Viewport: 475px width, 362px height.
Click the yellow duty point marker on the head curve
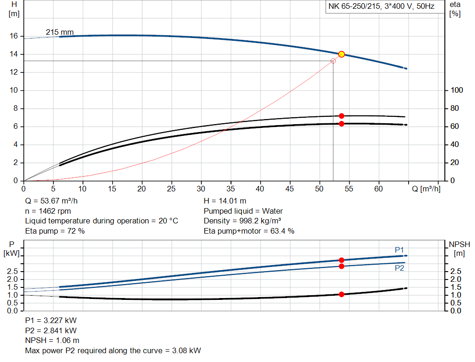pos(341,54)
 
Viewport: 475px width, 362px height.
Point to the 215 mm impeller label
pos(59,32)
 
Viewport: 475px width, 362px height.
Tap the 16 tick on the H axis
pos(14,36)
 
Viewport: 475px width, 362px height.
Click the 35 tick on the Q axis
pos(231,189)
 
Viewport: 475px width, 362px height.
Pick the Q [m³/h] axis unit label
pos(426,189)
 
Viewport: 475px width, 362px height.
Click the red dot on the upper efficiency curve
pos(341,116)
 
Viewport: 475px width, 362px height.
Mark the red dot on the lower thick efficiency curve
pos(341,124)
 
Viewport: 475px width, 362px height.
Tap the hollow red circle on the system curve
pos(333,61)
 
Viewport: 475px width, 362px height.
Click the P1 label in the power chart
pos(399,250)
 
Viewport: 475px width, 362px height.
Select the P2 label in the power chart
pos(399,268)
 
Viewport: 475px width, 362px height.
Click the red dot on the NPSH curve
pos(341,294)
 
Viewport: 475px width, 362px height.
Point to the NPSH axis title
pos(459,244)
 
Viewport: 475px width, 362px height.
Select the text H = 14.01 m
pos(225,201)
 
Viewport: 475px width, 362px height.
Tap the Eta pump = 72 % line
pos(55,231)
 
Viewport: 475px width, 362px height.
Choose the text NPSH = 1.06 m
pos(51,341)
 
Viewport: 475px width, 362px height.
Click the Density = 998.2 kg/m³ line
pos(243,221)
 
